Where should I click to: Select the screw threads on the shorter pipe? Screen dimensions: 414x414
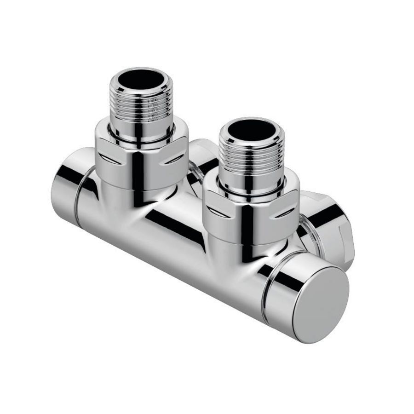point(248,156)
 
